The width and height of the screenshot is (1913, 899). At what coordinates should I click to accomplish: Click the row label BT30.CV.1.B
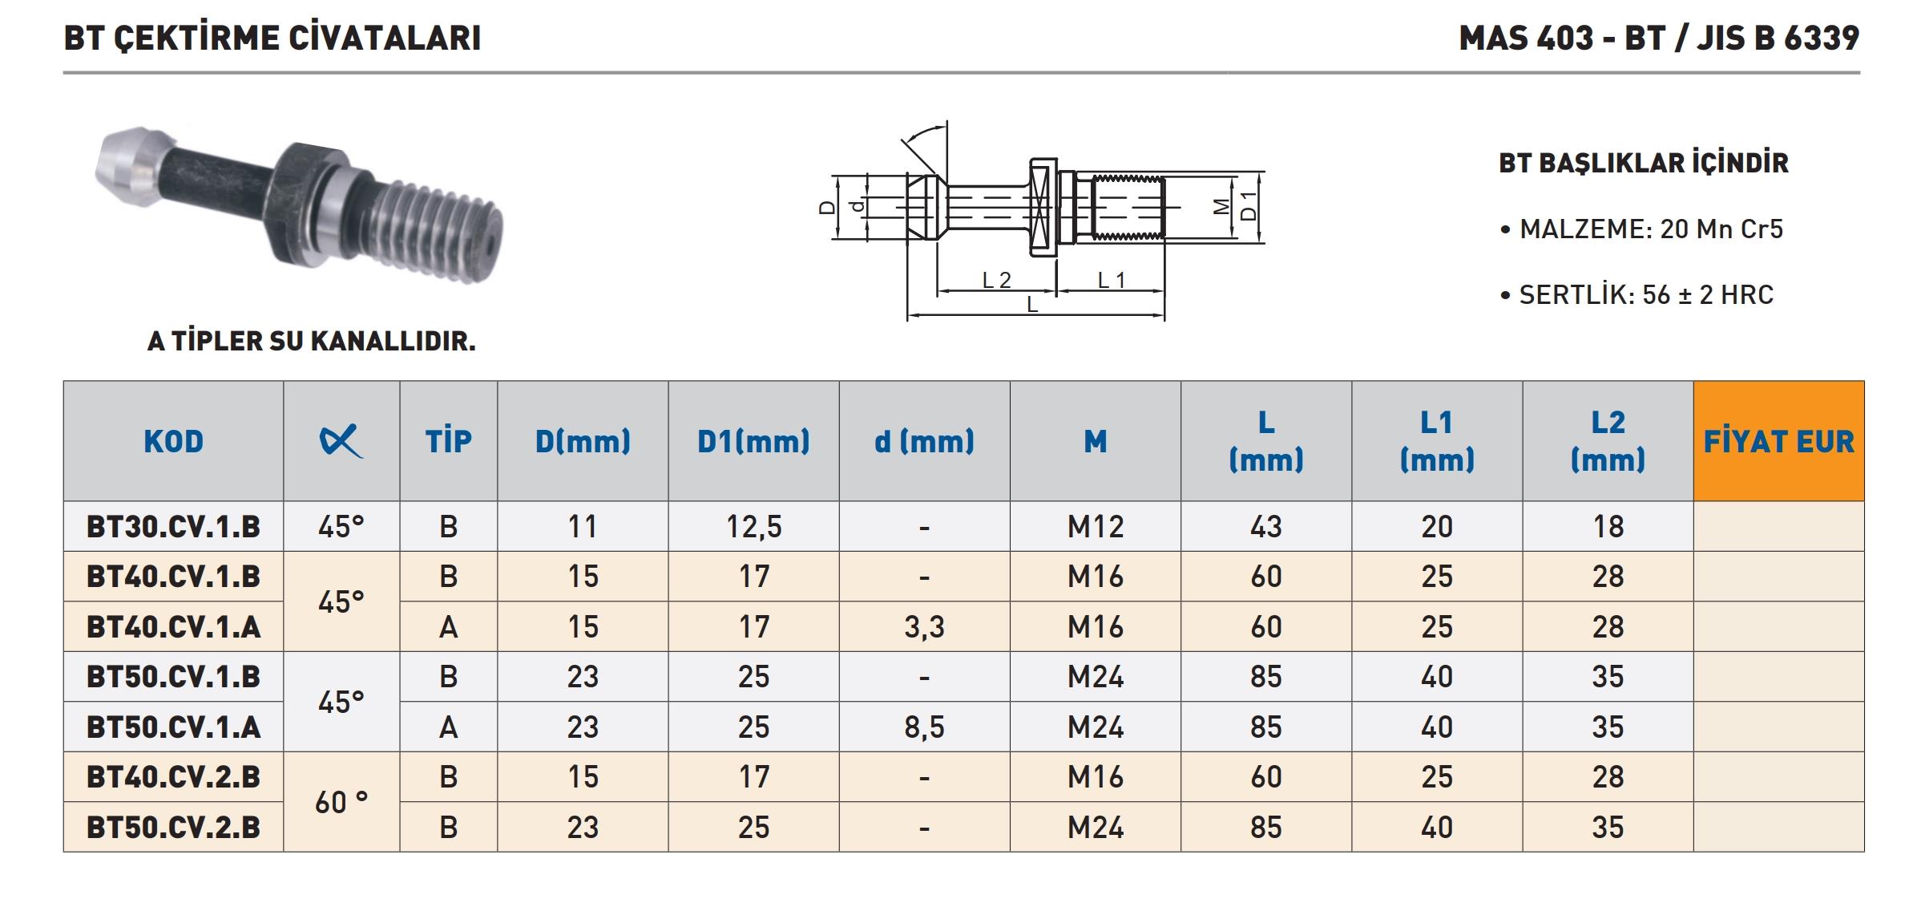pyautogui.click(x=173, y=527)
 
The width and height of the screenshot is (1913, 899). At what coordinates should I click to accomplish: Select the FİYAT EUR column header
pyautogui.click(x=1778, y=441)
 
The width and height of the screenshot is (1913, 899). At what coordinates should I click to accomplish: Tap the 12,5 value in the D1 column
pyautogui.click(x=753, y=527)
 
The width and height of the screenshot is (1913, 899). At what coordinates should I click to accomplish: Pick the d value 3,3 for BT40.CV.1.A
pyautogui.click(x=924, y=627)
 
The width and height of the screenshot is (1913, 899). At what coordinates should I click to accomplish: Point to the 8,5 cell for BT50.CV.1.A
pyautogui.click(x=924, y=727)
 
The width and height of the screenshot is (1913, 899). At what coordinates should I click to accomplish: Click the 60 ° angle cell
pyautogui.click(x=341, y=802)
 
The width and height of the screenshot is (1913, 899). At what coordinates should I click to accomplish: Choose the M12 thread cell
pyautogui.click(x=1096, y=527)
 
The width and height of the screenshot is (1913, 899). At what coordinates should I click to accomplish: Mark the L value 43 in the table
pyautogui.click(x=1266, y=527)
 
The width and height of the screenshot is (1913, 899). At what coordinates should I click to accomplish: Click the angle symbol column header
pyautogui.click(x=341, y=441)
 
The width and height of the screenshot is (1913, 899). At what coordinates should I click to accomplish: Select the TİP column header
pyautogui.click(x=448, y=441)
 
